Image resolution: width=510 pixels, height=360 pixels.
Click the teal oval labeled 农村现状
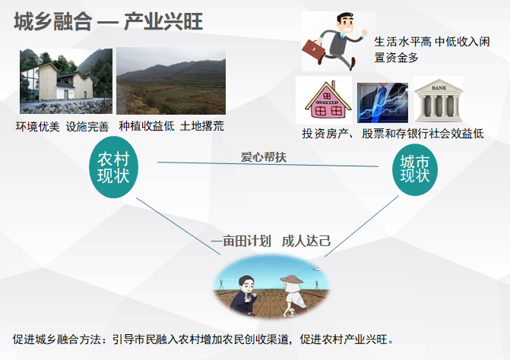pos(113,167)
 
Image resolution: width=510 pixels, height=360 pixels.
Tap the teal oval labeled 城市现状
pos(415,169)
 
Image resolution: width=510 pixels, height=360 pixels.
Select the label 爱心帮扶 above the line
pos(264,157)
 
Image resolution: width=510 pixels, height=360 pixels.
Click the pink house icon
pos(328,99)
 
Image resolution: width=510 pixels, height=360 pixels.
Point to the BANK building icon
pos(439,100)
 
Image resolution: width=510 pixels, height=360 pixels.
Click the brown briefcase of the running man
pos(314,51)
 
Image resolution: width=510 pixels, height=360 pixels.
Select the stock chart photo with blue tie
pos(382,103)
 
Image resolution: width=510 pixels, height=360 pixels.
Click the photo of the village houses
pos(66,81)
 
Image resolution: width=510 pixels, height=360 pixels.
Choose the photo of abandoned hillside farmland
pos(171,81)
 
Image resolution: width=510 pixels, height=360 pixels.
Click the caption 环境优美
pos(37,127)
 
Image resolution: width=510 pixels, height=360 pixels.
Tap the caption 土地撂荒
pos(201,126)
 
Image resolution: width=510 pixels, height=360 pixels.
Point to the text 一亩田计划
pos(241,242)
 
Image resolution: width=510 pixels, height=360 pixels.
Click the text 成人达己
pos(306,241)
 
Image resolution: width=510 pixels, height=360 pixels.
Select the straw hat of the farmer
pos(291,279)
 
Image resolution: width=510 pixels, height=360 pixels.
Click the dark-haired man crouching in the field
pos(244,295)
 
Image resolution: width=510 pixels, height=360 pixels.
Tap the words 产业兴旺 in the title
pos(163,21)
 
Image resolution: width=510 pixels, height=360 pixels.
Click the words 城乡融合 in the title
pos(53,21)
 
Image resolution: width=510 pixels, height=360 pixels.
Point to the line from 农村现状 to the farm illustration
pos(179,226)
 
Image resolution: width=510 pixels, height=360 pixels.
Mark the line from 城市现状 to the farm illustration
pos(362,226)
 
